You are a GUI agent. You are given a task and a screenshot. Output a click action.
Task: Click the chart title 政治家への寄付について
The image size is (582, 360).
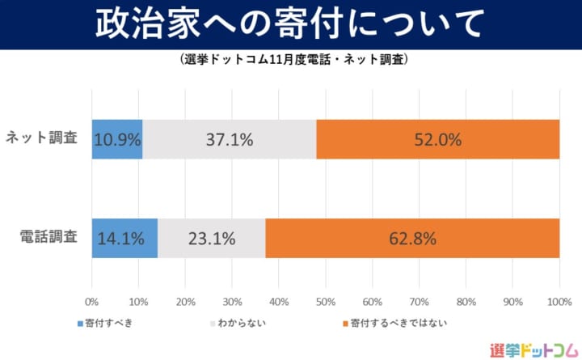coord(291,24)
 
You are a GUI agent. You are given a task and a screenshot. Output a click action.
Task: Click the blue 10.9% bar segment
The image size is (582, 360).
coord(117,139)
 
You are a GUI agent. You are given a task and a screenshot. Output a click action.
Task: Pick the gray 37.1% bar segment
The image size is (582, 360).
coord(230,139)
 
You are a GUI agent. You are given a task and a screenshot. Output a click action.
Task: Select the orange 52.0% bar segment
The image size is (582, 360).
coord(438,139)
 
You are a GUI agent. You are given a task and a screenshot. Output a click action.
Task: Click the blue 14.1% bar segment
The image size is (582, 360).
coord(124,238)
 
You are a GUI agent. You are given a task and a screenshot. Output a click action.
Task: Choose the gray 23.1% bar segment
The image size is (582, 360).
coord(211,238)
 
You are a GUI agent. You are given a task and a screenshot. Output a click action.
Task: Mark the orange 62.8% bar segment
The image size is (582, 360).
coord(412,238)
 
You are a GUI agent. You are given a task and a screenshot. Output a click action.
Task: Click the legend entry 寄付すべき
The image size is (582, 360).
coord(109,323)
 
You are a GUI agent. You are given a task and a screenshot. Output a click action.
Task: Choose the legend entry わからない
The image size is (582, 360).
coord(242,323)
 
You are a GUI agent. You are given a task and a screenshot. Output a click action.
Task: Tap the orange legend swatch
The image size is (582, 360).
coord(345,324)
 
